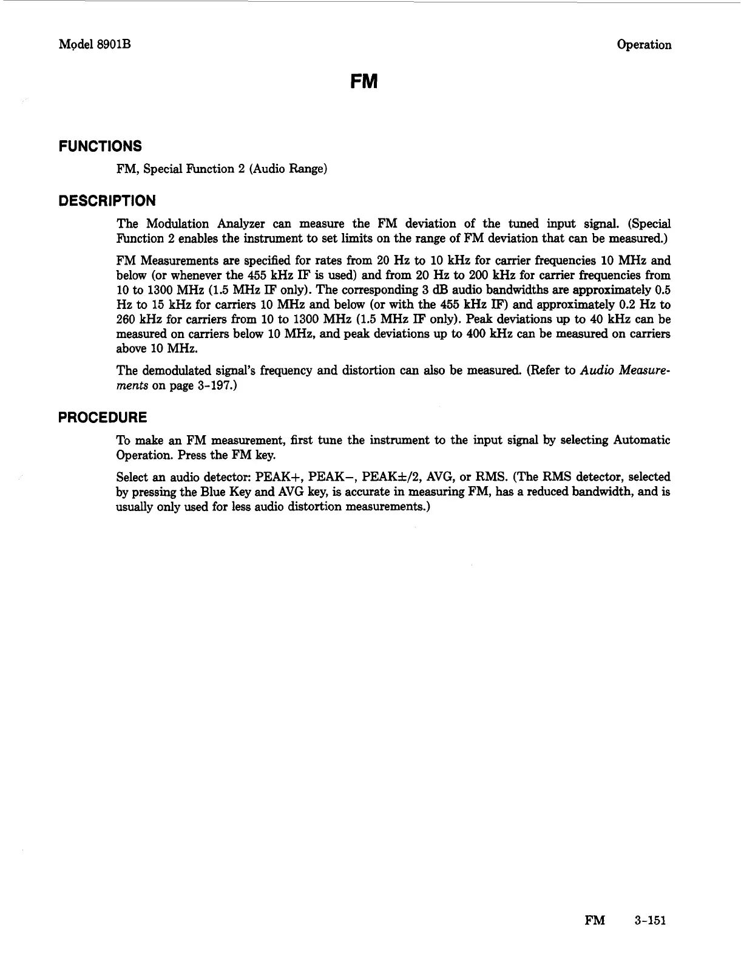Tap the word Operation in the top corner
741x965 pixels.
pos(643,45)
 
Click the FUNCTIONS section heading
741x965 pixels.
pos(100,146)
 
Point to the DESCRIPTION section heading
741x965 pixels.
pos(107,201)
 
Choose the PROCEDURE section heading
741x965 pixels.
pos(102,418)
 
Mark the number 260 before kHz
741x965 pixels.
pos(126,319)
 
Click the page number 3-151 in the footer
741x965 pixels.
pos(650,921)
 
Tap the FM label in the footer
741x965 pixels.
pos(594,921)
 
